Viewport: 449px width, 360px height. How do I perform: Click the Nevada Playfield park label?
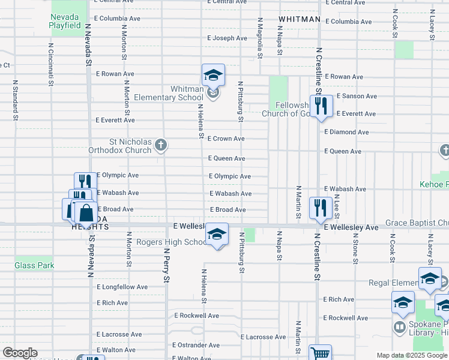[65, 21]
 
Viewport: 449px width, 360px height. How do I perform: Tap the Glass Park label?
[34, 265]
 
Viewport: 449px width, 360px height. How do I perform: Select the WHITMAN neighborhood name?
[299, 20]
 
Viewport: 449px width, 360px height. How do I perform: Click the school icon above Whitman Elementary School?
[212, 76]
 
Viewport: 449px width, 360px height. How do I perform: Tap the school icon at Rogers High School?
[217, 235]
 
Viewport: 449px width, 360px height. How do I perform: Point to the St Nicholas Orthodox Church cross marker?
[160, 145]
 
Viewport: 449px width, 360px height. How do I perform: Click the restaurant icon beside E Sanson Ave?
[321, 106]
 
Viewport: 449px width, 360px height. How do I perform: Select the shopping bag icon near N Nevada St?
[86, 212]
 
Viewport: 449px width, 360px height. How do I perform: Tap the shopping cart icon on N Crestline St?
[320, 354]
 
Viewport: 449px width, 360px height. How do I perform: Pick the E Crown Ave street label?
[226, 139]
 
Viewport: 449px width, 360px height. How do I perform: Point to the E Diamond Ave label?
[346, 132]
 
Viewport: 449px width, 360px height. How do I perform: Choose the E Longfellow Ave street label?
[122, 287]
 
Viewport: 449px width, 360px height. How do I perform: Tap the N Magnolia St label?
[260, 38]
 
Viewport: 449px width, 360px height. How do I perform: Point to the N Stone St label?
[355, 250]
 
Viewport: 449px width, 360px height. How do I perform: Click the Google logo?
[20, 353]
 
